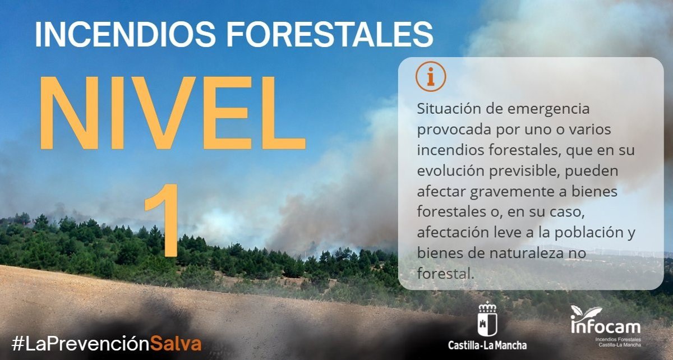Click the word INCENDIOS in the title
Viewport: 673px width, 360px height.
tap(125, 34)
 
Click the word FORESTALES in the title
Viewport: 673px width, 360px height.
tap(330, 34)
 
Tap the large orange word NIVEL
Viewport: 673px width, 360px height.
tap(173, 113)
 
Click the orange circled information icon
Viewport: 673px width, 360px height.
tap(431, 76)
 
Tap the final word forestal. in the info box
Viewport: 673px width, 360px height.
tap(445, 274)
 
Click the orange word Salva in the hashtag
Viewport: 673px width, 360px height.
tap(176, 344)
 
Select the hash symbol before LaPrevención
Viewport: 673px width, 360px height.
tap(18, 344)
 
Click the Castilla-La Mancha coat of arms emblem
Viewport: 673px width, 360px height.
tap(487, 319)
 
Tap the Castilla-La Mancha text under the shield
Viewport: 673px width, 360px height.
tap(487, 345)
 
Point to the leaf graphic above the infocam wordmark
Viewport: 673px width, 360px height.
tap(586, 312)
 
